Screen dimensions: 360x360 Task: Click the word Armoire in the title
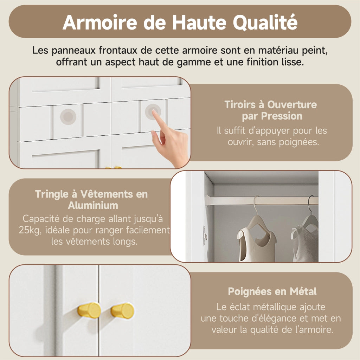pos(99,22)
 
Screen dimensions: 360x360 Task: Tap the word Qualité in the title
pos(265,22)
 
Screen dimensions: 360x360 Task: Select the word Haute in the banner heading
pos(199,22)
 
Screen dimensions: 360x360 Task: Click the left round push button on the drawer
pos(68,117)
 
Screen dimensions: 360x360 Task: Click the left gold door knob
pos(89,310)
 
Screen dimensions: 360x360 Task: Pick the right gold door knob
pos(123,311)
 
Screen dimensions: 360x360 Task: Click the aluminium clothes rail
pos(262,200)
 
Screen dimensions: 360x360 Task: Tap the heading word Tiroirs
pos(240,104)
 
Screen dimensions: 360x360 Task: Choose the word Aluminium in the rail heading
pos(93,205)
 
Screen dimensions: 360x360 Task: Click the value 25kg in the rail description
pos(30,230)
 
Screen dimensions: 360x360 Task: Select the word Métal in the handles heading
pos(303,291)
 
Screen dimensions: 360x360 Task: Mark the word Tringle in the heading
pos(52,194)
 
